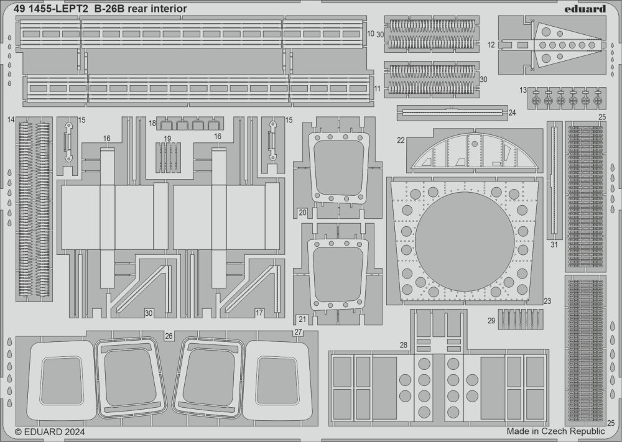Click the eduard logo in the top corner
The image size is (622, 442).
pyautogui.click(x=588, y=9)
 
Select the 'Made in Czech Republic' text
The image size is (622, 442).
pyautogui.click(x=555, y=431)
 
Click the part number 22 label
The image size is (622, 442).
pyautogui.click(x=401, y=140)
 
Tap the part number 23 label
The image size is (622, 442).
pyautogui.click(x=547, y=301)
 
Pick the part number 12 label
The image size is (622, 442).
pyautogui.click(x=491, y=45)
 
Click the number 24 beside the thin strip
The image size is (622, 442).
pyautogui.click(x=512, y=113)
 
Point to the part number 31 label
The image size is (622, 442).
pyautogui.click(x=554, y=244)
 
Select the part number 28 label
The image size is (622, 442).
pyautogui.click(x=403, y=344)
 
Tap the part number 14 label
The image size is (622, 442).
pyautogui.click(x=12, y=119)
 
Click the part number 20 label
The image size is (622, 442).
pyautogui.click(x=302, y=213)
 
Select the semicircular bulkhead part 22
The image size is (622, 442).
pyautogui.click(x=473, y=153)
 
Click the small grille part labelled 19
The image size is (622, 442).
pyautogui.click(x=168, y=152)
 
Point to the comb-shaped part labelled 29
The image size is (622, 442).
pyautogui.click(x=521, y=318)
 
